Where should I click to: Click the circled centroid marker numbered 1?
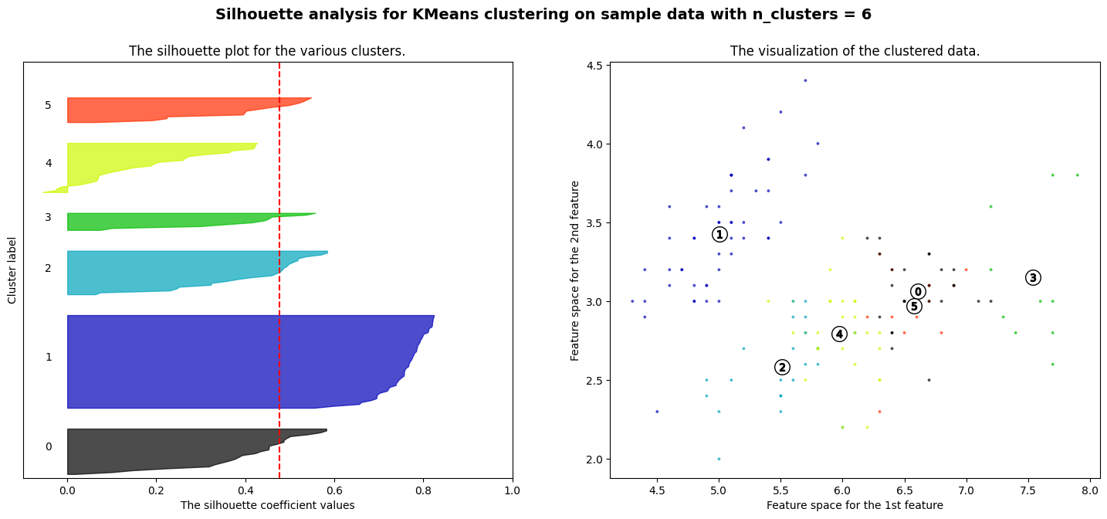pos(719,235)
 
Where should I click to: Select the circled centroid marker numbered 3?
pos(1033,278)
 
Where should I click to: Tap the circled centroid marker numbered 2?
pos(782,368)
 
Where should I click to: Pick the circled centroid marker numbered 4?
pos(839,334)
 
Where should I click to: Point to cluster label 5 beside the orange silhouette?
pos(49,105)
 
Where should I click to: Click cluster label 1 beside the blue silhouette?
pos(49,357)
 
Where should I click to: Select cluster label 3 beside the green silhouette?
pos(49,218)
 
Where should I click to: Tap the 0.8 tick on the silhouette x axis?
pos(423,490)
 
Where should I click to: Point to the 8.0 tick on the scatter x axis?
pos(1089,490)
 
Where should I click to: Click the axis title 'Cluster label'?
pos(12,270)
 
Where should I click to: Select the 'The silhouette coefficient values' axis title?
pos(267,505)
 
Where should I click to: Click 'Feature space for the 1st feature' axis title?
pos(855,505)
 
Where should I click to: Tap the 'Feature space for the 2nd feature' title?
pos(575,270)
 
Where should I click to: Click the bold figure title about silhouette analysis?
pos(543,15)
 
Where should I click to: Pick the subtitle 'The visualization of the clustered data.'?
pos(855,52)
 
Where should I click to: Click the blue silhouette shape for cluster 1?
pos(232,361)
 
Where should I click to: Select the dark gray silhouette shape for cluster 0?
pos(154,452)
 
